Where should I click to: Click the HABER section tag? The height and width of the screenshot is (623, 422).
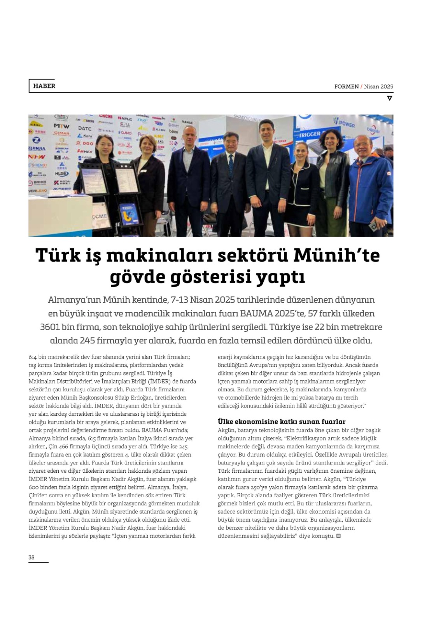[x=44, y=86]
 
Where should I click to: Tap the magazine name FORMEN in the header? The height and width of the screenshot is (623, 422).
[x=346, y=86]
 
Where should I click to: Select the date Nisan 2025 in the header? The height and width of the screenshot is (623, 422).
[x=378, y=86]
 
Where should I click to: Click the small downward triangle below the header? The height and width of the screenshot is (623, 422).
[x=389, y=98]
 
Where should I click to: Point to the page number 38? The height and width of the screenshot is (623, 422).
[x=32, y=557]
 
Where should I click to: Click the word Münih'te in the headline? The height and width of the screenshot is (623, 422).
[x=336, y=256]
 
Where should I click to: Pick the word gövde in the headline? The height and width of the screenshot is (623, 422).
[x=132, y=277]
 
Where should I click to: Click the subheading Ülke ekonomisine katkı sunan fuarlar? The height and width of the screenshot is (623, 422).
[x=282, y=421]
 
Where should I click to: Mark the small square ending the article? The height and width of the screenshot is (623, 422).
[x=338, y=536]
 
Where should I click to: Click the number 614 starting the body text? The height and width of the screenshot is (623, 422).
[x=33, y=357]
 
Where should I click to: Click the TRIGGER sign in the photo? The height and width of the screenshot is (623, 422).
[x=310, y=134]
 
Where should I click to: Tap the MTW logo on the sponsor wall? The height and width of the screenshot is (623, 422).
[x=61, y=126]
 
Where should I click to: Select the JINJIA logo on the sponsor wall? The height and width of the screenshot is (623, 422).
[x=37, y=148]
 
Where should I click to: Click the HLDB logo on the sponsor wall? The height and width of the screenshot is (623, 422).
[x=61, y=174]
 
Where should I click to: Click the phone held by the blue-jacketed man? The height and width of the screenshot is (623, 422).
[x=373, y=225]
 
